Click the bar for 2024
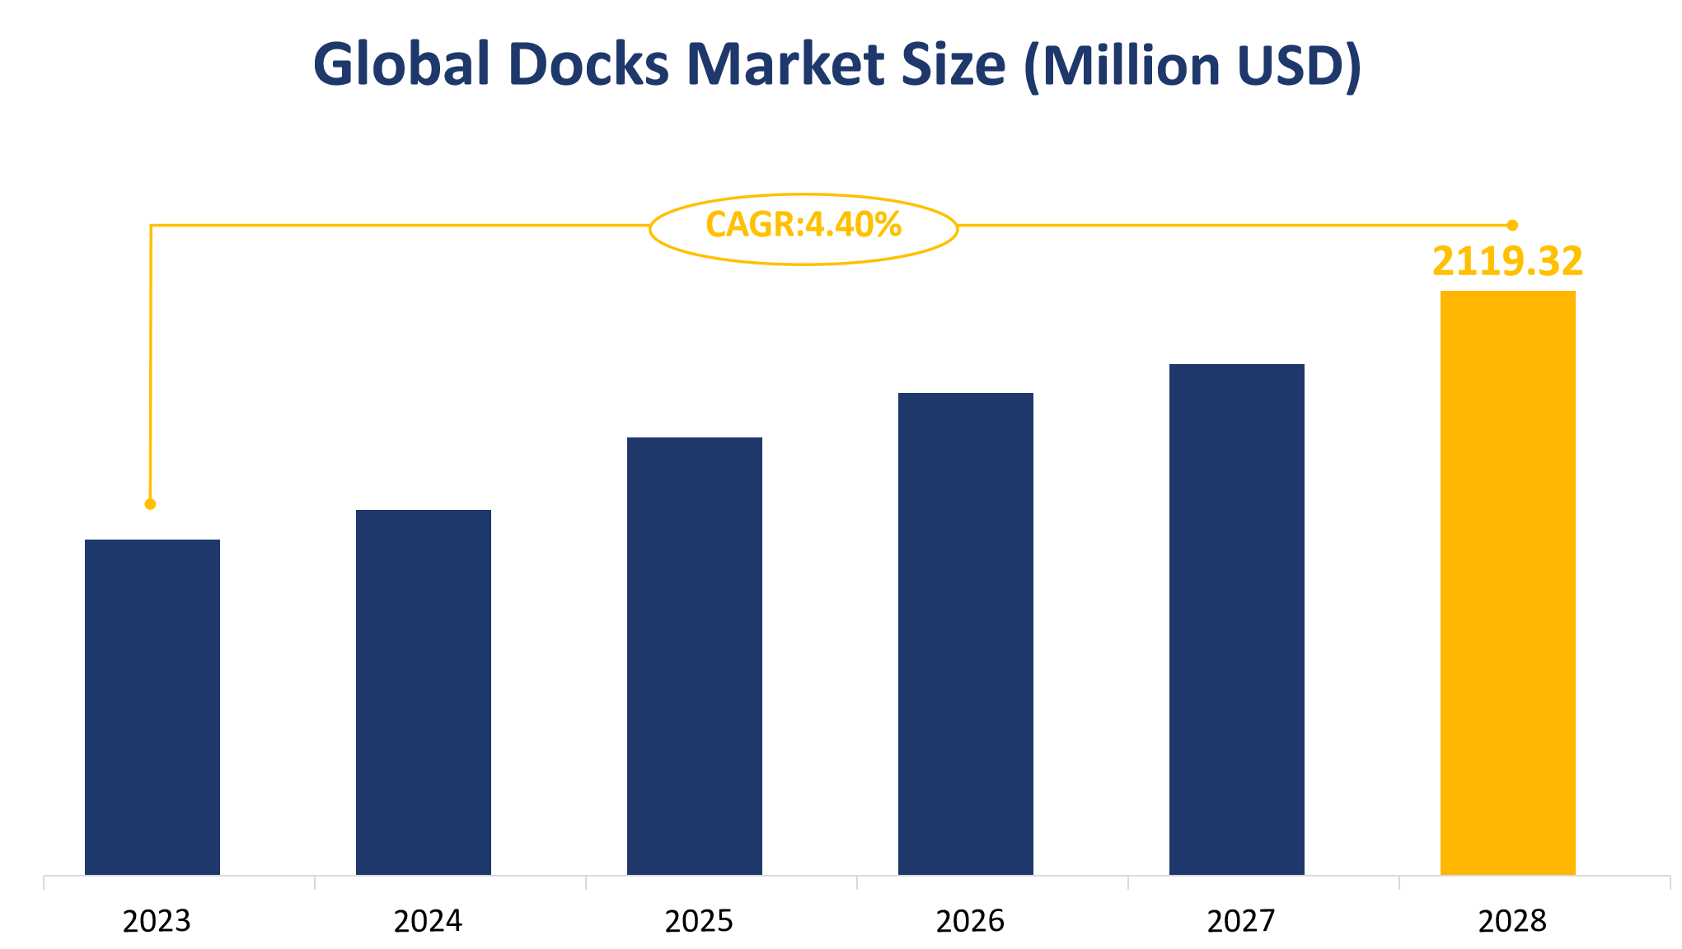tap(424, 692)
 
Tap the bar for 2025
tap(695, 656)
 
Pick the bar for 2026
tap(966, 633)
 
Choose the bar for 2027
tap(1237, 619)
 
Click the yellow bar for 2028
tap(1508, 582)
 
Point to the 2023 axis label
tap(157, 921)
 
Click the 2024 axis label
tap(428, 921)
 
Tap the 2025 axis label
tap(699, 921)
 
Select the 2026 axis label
tap(970, 921)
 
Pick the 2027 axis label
tap(1241, 921)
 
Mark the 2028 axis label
tap(1512, 921)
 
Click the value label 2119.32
tap(1507, 261)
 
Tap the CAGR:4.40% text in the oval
tap(804, 225)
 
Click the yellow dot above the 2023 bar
tap(150, 504)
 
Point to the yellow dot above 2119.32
tap(1512, 225)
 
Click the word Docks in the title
tap(589, 65)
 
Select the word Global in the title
tap(401, 65)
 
